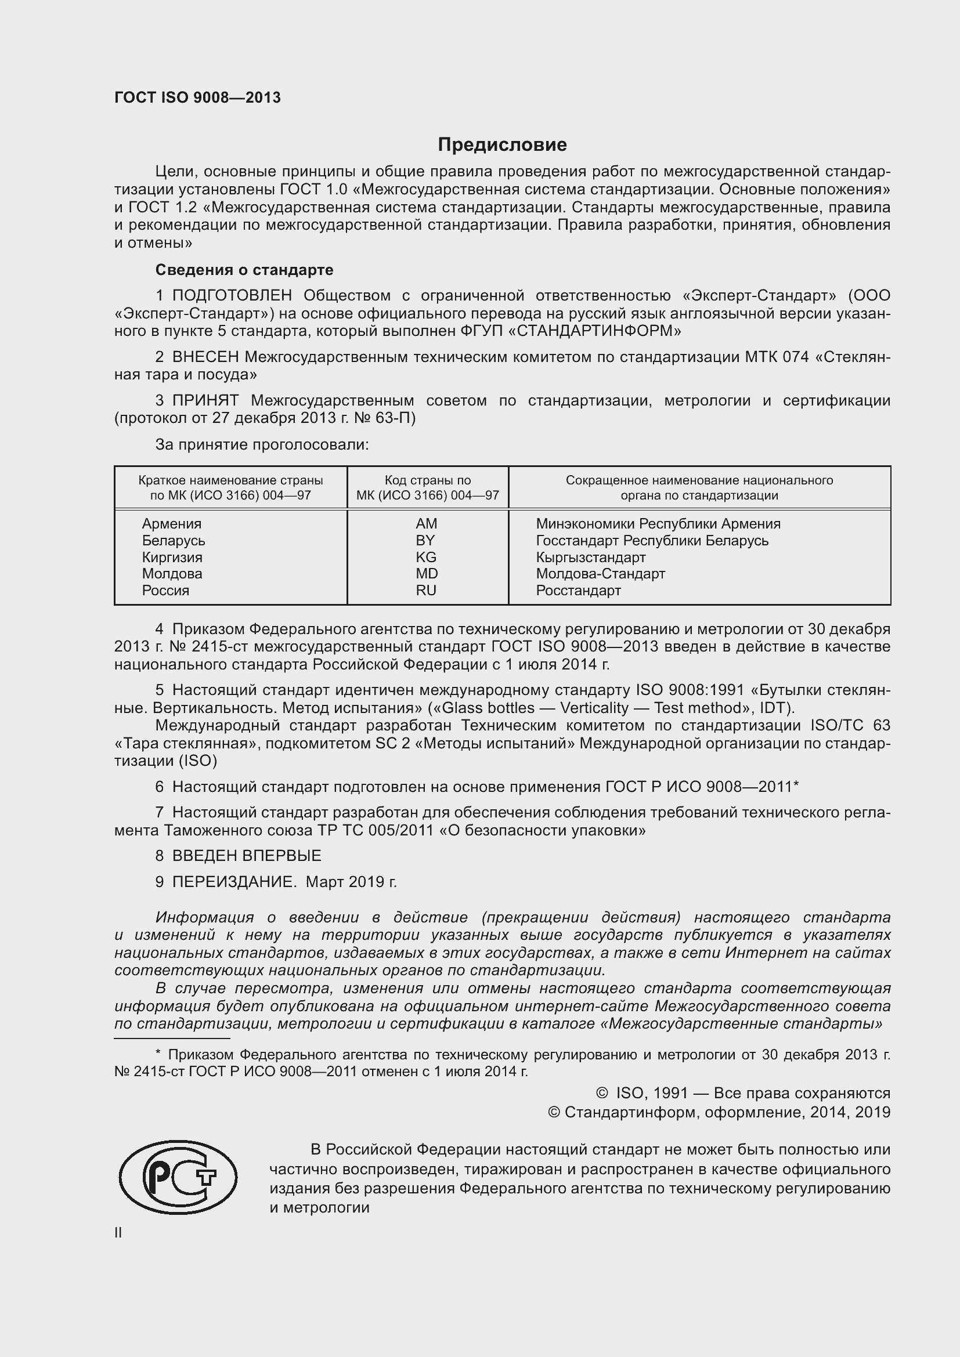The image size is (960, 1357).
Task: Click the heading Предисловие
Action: point(502,144)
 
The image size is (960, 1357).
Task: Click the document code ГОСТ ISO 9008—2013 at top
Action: point(197,97)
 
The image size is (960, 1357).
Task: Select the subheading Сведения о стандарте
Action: point(244,270)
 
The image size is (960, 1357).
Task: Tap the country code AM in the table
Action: point(426,524)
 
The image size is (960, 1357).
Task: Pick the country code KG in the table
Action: point(426,558)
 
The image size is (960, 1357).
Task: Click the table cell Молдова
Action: point(172,574)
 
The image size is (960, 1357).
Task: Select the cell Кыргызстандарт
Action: point(590,558)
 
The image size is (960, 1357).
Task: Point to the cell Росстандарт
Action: point(578,591)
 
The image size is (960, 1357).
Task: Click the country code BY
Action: point(425,540)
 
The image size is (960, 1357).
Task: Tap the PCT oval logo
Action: point(178,1177)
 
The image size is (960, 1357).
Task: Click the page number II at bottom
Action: point(118,1233)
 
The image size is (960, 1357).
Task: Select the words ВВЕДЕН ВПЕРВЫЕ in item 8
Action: point(247,856)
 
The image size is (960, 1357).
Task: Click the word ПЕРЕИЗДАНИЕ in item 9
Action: point(233,882)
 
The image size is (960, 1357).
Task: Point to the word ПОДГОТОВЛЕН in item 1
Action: point(232,295)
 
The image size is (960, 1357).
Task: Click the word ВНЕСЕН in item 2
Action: point(205,357)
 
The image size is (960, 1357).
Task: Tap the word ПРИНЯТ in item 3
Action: point(205,401)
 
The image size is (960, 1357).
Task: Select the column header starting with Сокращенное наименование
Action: point(699,487)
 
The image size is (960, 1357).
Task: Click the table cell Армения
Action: point(171,524)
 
